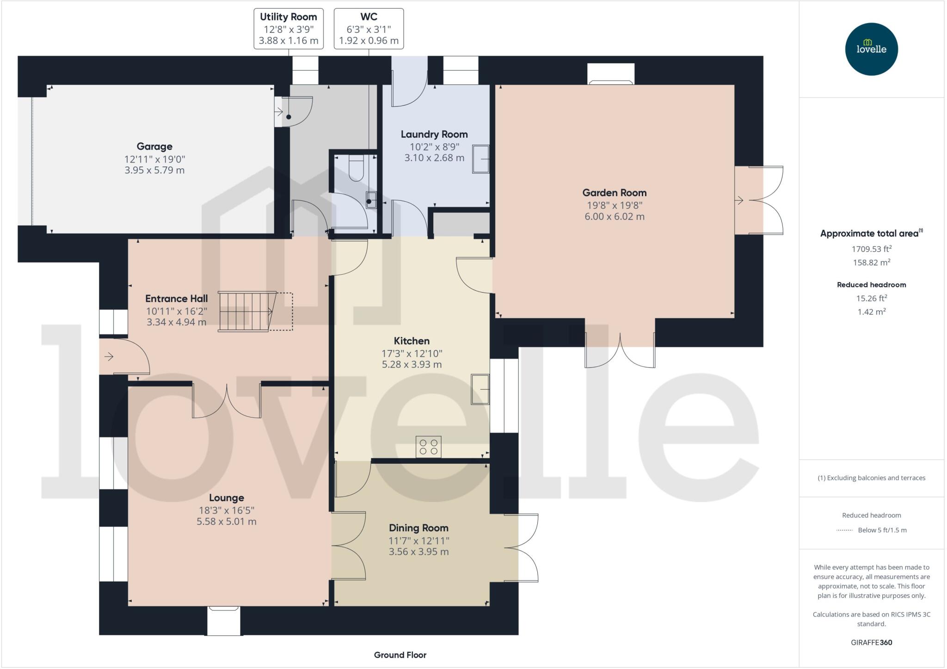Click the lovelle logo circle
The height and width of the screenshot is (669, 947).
click(871, 49)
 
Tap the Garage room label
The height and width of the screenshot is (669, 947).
click(154, 147)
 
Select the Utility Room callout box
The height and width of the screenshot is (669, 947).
click(288, 29)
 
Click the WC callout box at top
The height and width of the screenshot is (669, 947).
click(369, 29)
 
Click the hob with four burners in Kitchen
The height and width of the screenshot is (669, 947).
click(428, 447)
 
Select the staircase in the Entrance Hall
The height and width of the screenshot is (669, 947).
click(247, 311)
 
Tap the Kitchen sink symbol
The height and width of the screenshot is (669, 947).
click(480, 389)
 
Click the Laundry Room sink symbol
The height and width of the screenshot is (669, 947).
click(480, 159)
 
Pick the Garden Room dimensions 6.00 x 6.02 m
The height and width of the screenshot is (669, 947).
click(614, 216)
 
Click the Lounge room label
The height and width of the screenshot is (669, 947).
click(226, 498)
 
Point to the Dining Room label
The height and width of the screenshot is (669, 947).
click(418, 528)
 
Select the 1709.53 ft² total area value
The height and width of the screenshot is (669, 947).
click(871, 249)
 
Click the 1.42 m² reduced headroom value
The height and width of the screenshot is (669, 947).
click(871, 312)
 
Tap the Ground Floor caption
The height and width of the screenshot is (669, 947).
click(400, 655)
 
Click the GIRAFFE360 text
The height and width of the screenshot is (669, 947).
click(871, 642)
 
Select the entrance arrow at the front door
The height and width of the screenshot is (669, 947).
click(109, 356)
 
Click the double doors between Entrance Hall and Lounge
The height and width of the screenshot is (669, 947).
click(227, 400)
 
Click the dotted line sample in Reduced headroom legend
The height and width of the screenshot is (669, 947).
click(844, 530)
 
